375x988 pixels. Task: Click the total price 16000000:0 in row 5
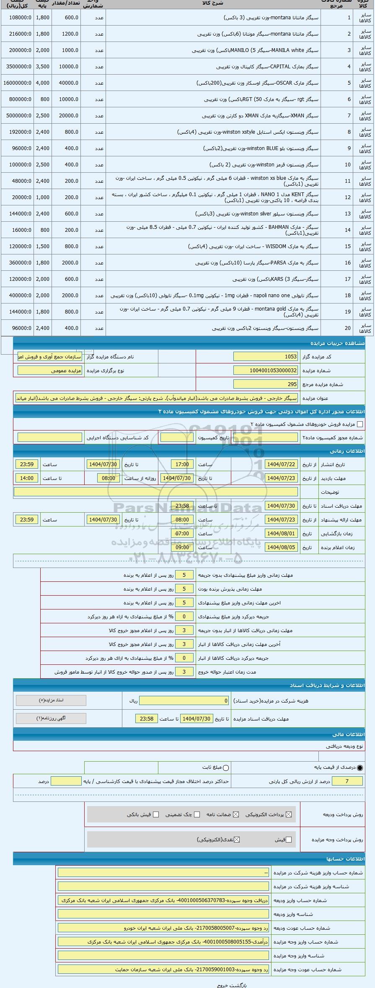(17, 83)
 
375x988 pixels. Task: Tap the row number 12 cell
(348, 197)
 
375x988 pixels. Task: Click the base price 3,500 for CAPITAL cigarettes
(43, 67)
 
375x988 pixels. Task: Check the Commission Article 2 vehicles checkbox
(359, 424)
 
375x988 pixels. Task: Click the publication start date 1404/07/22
(281, 464)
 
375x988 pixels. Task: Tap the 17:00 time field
(182, 464)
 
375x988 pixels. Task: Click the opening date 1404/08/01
(281, 534)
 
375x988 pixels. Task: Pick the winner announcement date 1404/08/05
(281, 547)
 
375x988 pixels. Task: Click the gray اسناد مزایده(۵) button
(51, 700)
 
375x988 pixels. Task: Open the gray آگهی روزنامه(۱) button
(51, 718)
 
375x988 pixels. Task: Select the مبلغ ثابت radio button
(226, 768)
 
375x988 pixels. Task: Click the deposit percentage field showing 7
(347, 781)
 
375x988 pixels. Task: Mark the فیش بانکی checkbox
(156, 814)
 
